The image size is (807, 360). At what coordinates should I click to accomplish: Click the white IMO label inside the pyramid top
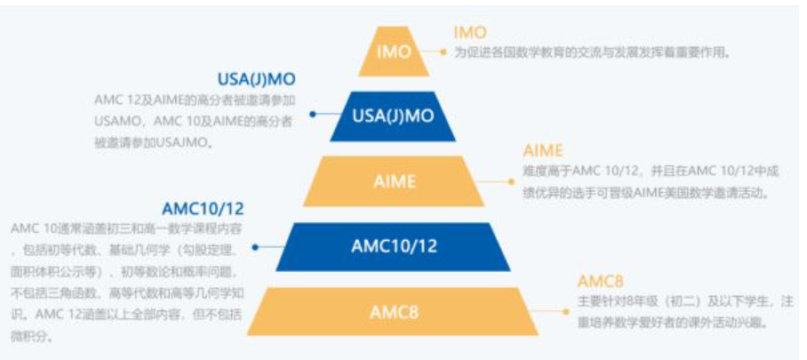pos(393,52)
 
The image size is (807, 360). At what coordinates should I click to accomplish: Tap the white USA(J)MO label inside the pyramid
pos(393,116)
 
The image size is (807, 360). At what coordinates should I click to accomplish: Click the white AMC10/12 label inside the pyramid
pos(394,245)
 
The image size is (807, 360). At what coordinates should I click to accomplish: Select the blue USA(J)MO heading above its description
pos(256,79)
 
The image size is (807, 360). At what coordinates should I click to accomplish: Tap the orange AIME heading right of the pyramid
pos(543,150)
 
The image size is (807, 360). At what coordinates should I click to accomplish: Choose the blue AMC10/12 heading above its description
pos(204,209)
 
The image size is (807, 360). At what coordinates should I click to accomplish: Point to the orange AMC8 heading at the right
pos(601,281)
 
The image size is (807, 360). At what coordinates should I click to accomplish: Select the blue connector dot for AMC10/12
pos(255,245)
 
